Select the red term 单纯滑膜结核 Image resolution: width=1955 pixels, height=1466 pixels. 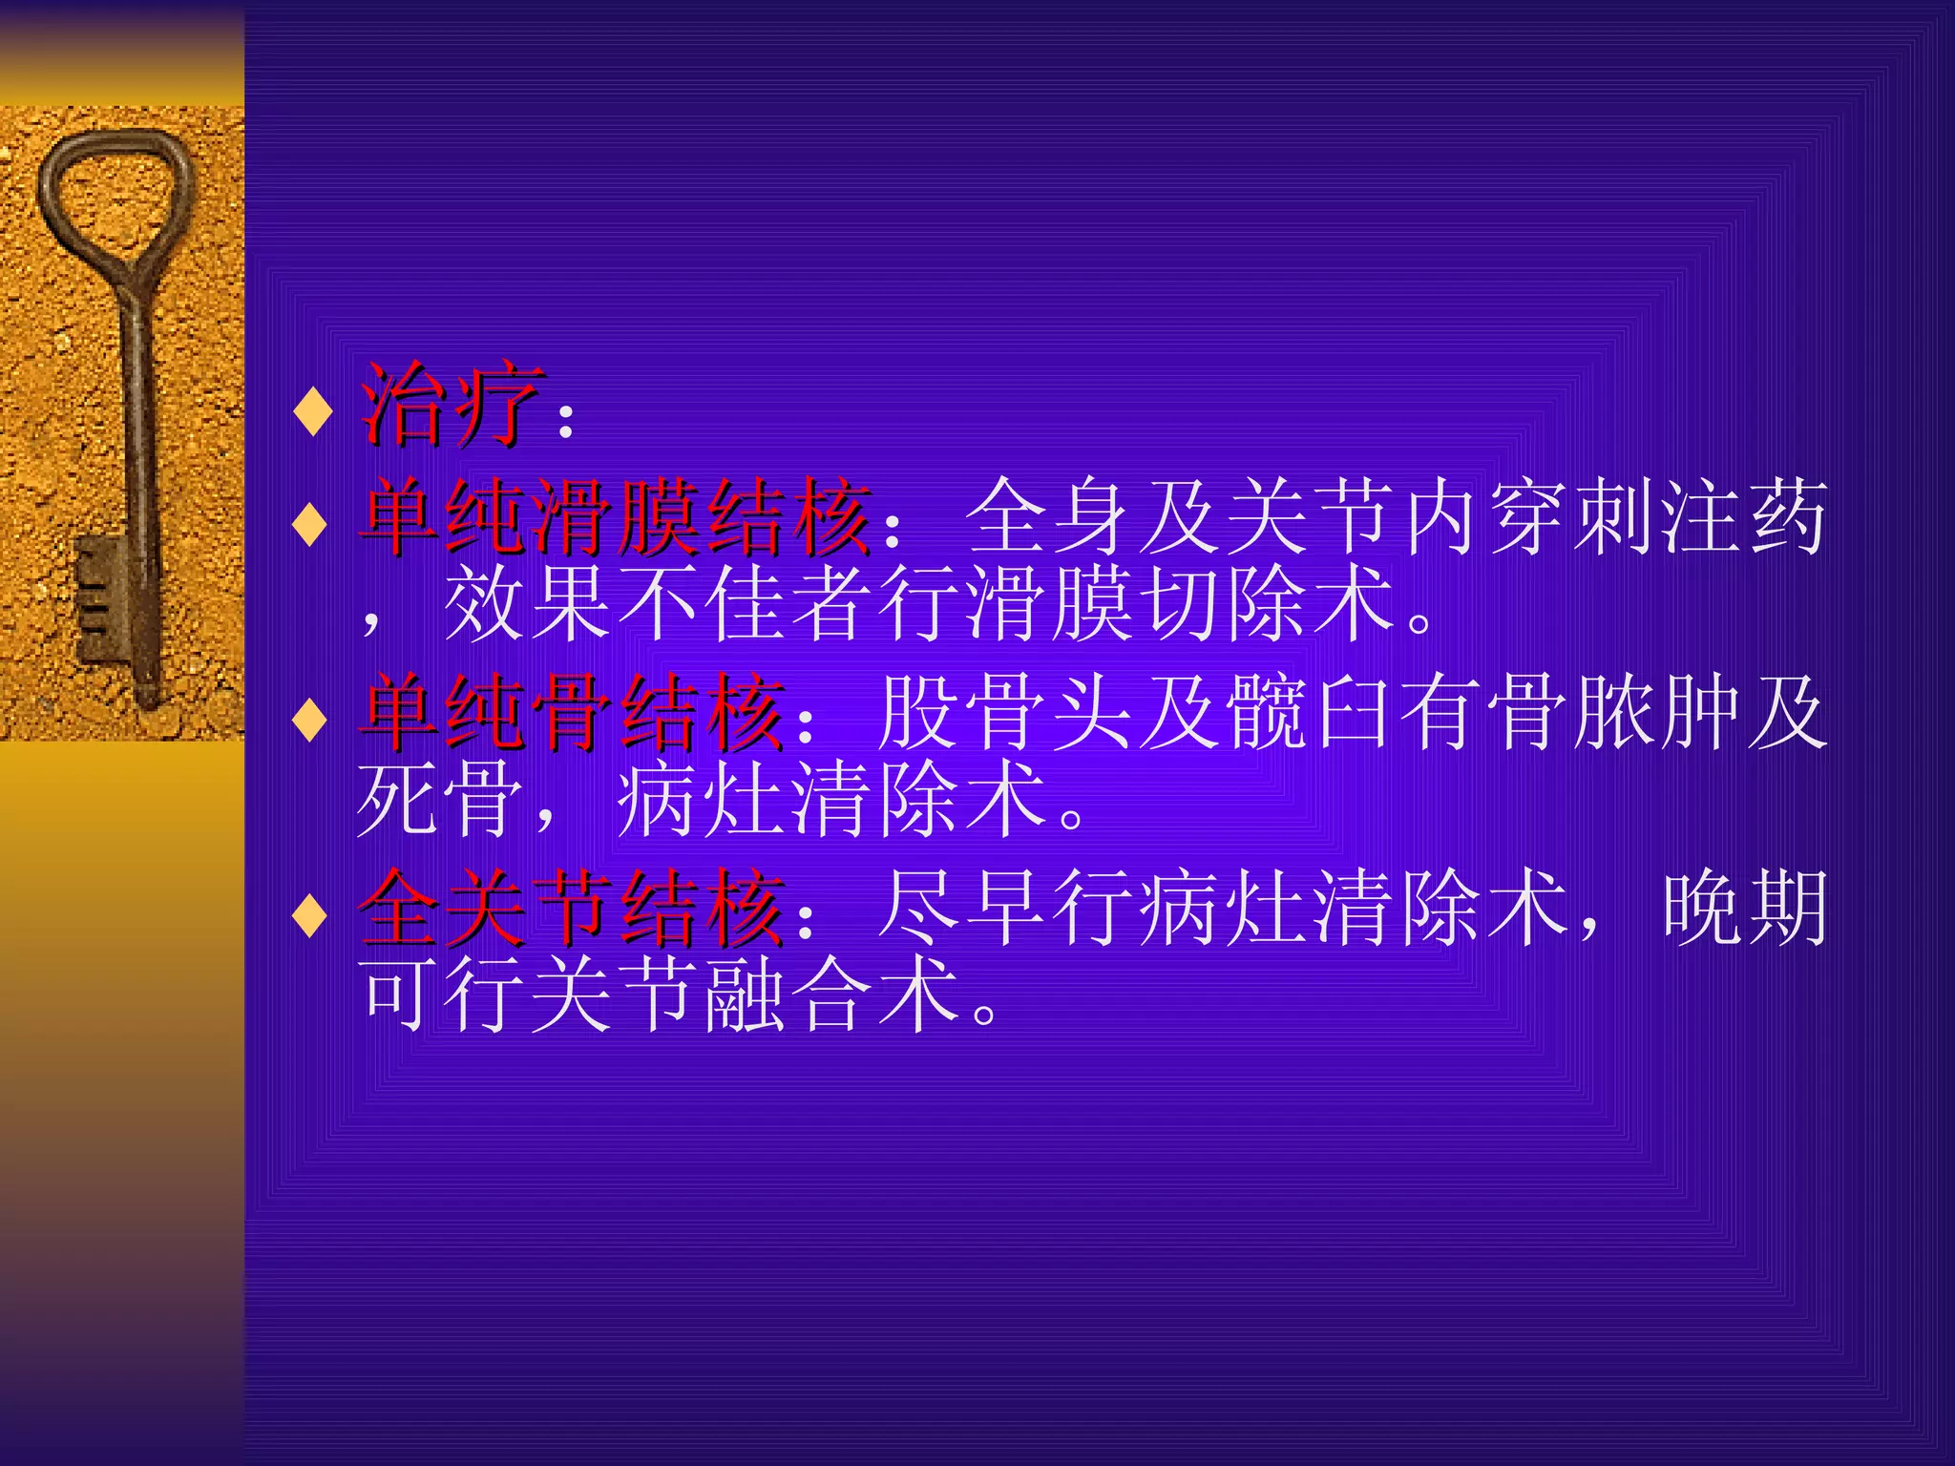[616, 517]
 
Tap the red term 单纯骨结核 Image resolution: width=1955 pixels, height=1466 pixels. [572, 712]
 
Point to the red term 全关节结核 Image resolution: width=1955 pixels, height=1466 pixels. [572, 908]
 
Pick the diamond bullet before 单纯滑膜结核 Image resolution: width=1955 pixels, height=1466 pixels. [311, 523]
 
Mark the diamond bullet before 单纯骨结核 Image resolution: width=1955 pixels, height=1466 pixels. [311, 719]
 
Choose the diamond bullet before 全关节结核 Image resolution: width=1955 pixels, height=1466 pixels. [311, 914]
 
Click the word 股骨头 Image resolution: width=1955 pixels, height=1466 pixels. [1007, 712]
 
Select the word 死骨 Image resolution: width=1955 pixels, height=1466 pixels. [439, 800]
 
